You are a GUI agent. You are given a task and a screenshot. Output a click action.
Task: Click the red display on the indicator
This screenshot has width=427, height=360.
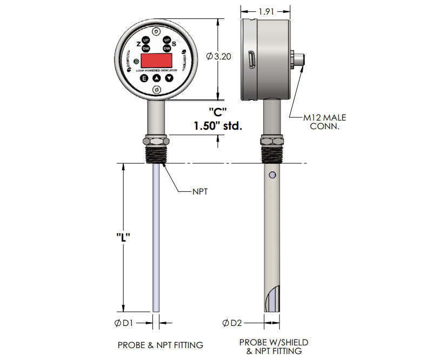click(157, 60)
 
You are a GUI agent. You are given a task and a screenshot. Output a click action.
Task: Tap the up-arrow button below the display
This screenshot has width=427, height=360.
click(157, 78)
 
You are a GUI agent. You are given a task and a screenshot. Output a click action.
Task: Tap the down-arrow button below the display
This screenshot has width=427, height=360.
click(169, 78)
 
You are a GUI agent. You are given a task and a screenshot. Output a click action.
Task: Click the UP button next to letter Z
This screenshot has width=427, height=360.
click(145, 40)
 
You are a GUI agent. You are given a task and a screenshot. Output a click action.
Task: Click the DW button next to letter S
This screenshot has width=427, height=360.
click(167, 48)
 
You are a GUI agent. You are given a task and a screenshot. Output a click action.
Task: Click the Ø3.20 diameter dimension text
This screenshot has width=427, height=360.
click(219, 56)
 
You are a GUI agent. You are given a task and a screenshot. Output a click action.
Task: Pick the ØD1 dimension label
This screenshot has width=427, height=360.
click(126, 323)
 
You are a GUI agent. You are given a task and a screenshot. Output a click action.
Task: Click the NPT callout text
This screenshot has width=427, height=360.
click(201, 191)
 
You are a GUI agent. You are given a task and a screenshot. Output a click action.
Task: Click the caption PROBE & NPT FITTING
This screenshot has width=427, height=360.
click(160, 344)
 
